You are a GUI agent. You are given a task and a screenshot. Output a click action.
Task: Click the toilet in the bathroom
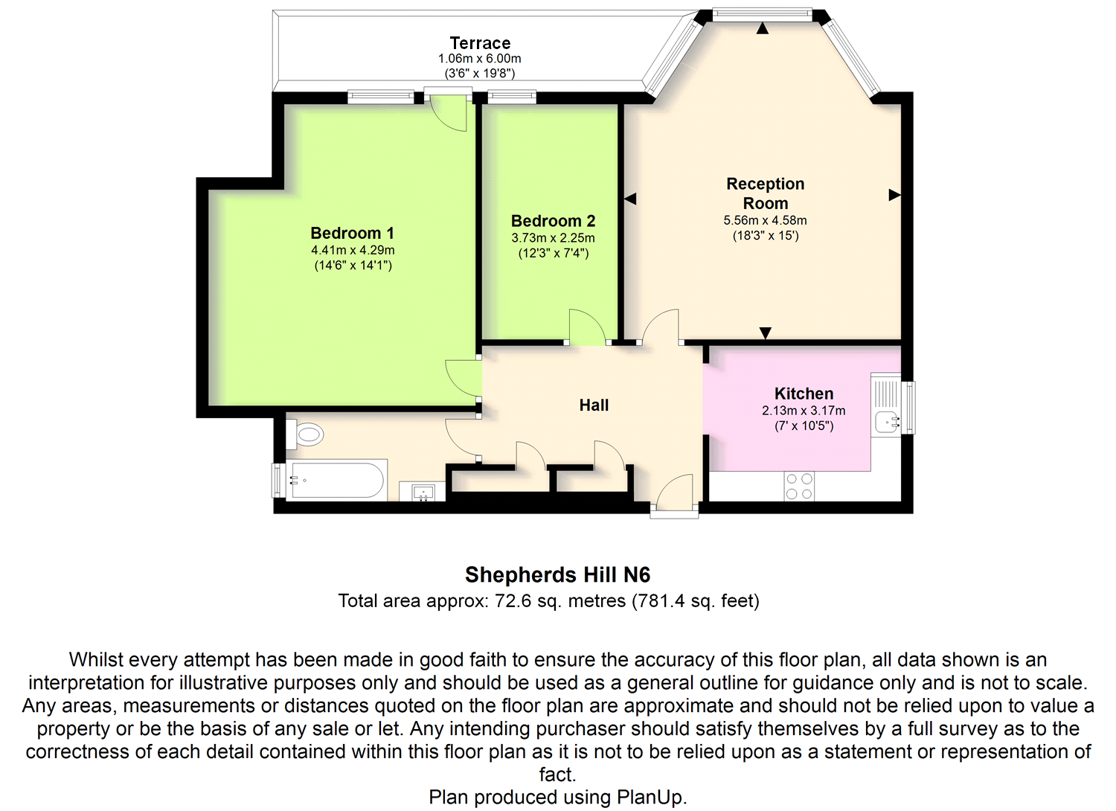click(307, 434)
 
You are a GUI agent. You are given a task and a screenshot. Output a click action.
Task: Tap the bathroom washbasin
click(423, 492)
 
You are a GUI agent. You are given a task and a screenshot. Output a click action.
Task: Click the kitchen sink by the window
click(886, 421)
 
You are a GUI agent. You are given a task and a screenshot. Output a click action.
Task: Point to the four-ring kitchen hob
click(799, 487)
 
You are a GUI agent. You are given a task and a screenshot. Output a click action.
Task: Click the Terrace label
click(480, 43)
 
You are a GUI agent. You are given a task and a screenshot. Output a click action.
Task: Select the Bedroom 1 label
click(353, 233)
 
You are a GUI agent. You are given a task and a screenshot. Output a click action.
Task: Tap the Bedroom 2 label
click(553, 221)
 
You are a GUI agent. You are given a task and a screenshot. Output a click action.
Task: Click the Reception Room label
click(765, 193)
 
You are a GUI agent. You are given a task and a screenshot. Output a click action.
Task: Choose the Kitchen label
click(804, 394)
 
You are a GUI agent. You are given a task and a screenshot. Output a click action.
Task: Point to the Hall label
click(594, 405)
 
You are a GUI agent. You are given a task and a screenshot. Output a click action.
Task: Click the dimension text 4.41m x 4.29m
click(353, 250)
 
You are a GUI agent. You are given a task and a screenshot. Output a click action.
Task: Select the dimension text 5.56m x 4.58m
click(765, 220)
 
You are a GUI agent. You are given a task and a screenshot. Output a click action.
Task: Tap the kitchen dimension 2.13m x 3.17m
click(804, 411)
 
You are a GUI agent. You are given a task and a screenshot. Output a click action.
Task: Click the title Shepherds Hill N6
click(557, 574)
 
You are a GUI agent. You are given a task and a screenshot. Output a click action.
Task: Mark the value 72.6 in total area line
click(513, 601)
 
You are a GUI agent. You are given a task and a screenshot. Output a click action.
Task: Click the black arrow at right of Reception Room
click(894, 195)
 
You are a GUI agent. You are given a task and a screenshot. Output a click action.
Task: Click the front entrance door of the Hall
click(676, 493)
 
